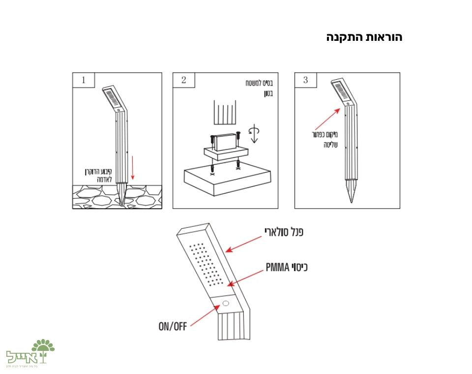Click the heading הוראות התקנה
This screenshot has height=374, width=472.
(x=364, y=38)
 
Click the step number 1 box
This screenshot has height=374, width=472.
(x=83, y=80)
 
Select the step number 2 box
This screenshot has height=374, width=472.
(x=183, y=80)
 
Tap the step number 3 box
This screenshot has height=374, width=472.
(x=305, y=80)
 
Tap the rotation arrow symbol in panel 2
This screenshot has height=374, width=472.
(x=255, y=133)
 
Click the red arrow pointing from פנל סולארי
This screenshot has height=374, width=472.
(x=245, y=244)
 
